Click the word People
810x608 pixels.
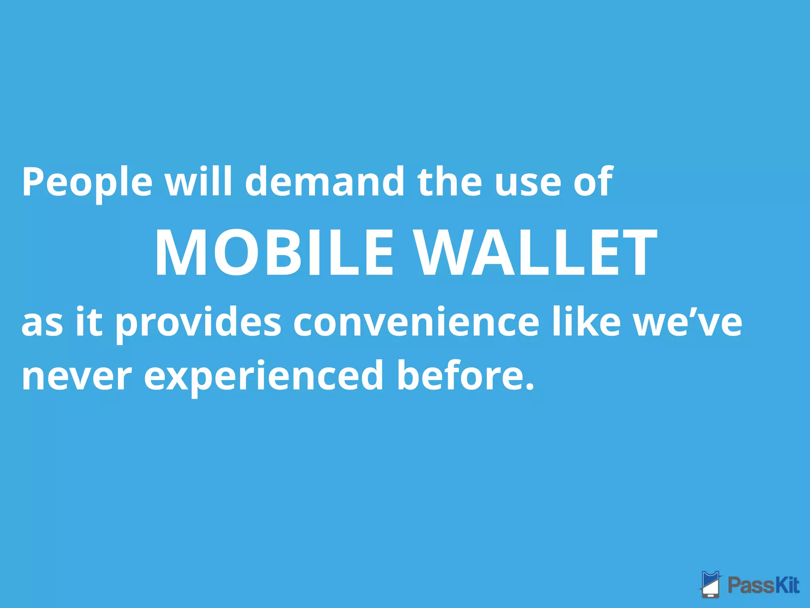pyautogui.click(x=87, y=182)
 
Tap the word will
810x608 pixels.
pyautogui.click(x=199, y=181)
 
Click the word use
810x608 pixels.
pyautogui.click(x=528, y=184)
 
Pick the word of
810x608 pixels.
pyautogui.click(x=593, y=181)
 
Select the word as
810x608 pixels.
pyautogui.click(x=42, y=323)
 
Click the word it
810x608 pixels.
pyautogui.click(x=89, y=321)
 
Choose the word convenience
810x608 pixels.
pyautogui.click(x=416, y=323)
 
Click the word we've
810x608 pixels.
pyautogui.click(x=688, y=322)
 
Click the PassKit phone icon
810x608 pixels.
pyautogui.click(x=711, y=583)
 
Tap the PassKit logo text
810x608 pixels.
pyautogui.click(x=764, y=585)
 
